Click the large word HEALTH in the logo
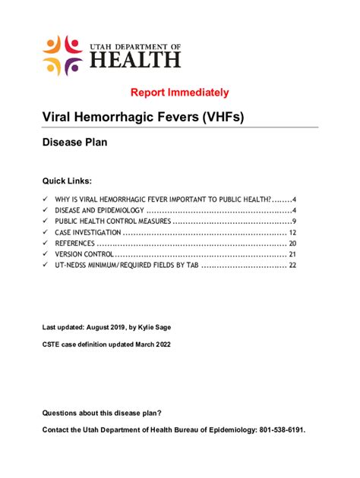135,59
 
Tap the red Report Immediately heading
180,93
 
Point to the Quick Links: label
68,181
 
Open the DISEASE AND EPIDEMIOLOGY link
99,210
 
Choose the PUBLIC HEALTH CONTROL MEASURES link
112,221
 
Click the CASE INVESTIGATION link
87,232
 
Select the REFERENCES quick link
74,244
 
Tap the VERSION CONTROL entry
83,254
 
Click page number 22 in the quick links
292,266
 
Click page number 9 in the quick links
293,221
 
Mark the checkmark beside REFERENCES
46,244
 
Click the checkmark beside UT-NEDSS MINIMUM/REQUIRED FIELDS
46,266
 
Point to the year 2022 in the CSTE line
160,344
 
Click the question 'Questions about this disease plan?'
102,413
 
